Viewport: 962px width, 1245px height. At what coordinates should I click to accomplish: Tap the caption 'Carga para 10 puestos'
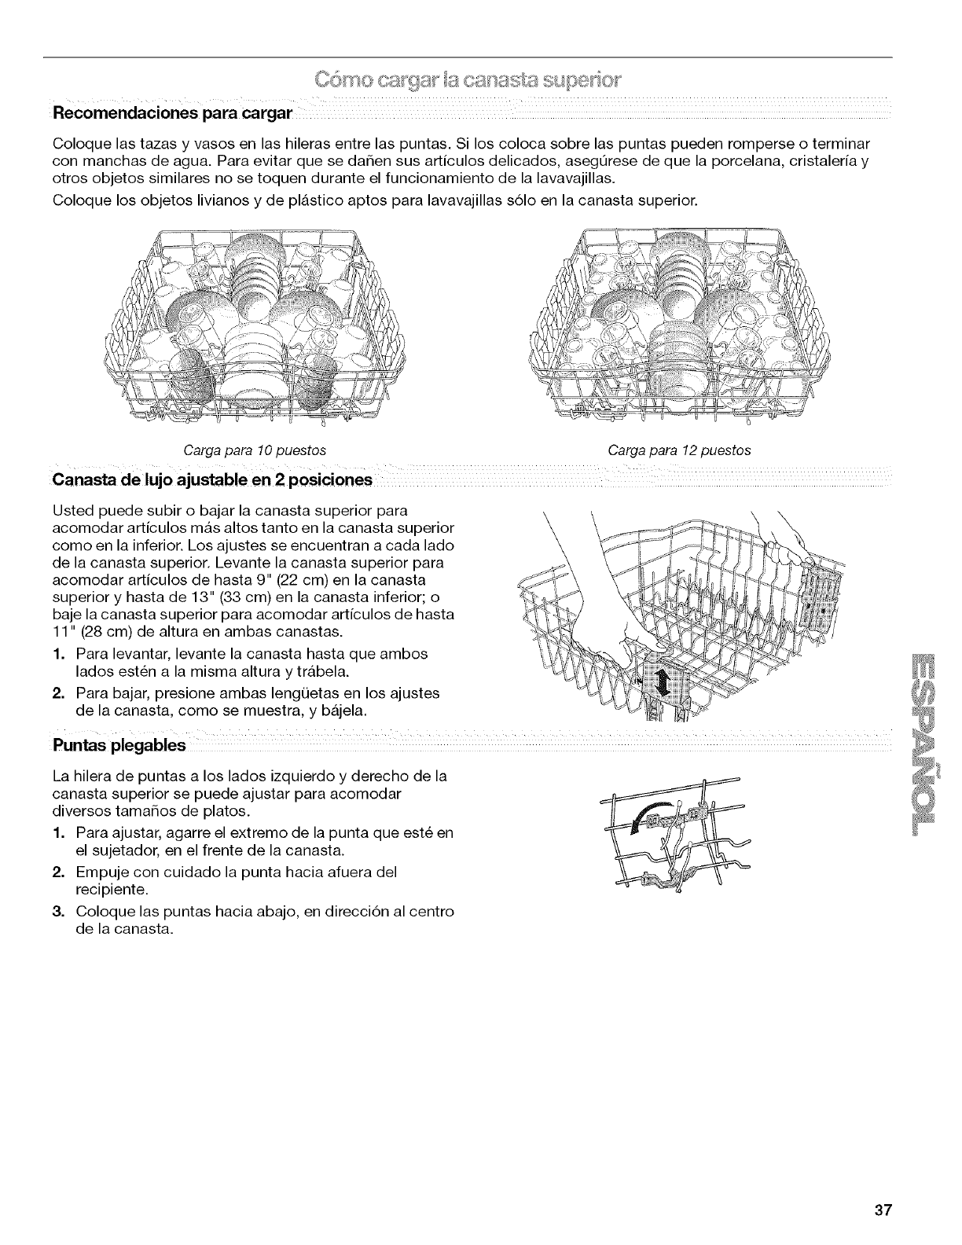[x=255, y=450]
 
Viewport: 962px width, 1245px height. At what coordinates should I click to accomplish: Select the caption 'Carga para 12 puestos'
[x=680, y=450]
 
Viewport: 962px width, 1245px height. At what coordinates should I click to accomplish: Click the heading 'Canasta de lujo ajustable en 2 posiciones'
[x=211, y=479]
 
